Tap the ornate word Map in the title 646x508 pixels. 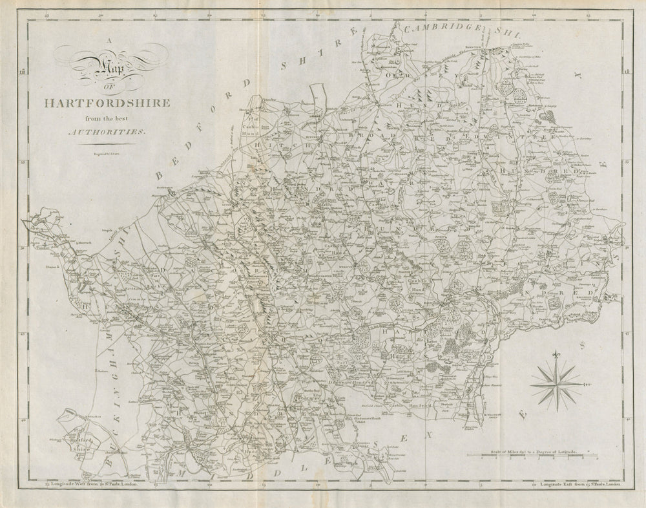97,67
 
